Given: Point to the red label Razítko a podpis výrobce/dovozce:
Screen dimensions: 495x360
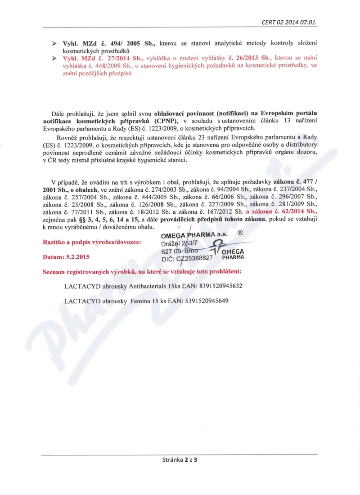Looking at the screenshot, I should point(91,243).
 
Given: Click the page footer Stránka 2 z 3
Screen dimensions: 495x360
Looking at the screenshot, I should point(180,460).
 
